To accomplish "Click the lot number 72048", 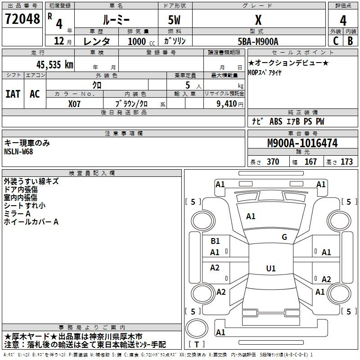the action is click(x=22, y=18).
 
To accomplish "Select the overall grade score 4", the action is click(x=343, y=21).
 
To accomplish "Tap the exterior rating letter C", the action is click(x=336, y=41).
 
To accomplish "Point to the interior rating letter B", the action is click(x=350, y=41).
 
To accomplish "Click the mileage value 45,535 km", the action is click(x=55, y=64).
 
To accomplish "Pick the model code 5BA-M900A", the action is click(x=258, y=41).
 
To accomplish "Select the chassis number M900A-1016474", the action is click(x=302, y=143).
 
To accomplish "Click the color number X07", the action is click(x=74, y=104).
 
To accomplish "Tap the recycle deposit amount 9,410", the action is click(x=227, y=103).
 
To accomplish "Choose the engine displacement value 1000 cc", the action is click(x=141, y=41).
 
